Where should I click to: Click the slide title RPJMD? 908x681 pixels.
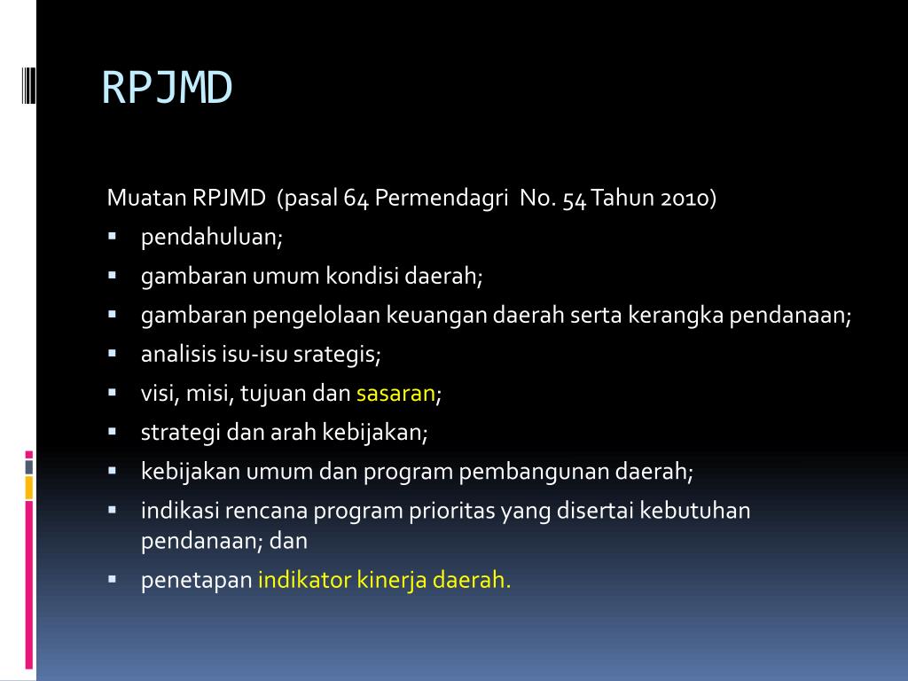[x=167, y=88]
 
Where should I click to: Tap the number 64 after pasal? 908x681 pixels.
[x=356, y=198]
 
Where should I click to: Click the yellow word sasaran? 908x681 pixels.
[x=395, y=394]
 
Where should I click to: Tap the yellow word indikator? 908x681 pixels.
[x=303, y=581]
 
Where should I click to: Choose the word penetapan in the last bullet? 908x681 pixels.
[x=196, y=581]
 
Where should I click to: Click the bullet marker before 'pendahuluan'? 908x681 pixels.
[x=113, y=237]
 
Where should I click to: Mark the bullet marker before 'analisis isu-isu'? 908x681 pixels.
[x=113, y=354]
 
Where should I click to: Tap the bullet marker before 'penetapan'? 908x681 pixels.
[x=113, y=580]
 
